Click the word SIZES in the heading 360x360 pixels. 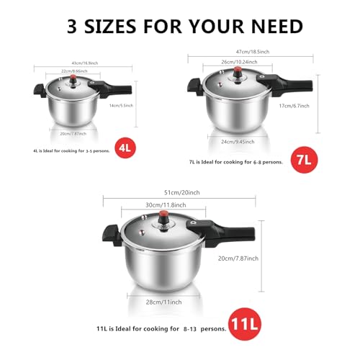point(133,27)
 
